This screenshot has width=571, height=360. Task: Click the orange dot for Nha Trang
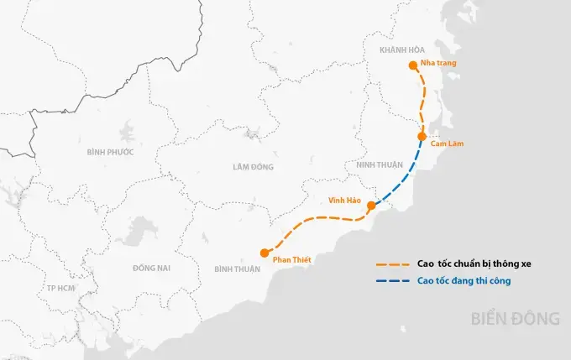[412, 65]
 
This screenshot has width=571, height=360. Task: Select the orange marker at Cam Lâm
[422, 136]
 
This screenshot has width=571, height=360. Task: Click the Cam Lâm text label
[446, 144]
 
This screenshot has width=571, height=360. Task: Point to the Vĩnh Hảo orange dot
[371, 205]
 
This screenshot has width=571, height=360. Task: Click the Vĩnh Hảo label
[344, 200]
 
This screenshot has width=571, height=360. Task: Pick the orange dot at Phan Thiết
[265, 252]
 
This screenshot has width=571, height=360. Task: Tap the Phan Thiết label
[293, 259]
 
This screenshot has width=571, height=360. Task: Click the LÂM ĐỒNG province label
[253, 167]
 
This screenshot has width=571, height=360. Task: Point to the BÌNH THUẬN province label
[237, 269]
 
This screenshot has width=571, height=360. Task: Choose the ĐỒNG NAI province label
[151, 268]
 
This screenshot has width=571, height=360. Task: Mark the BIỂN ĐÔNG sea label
[515, 319]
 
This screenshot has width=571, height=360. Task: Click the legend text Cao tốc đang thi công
[464, 280]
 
